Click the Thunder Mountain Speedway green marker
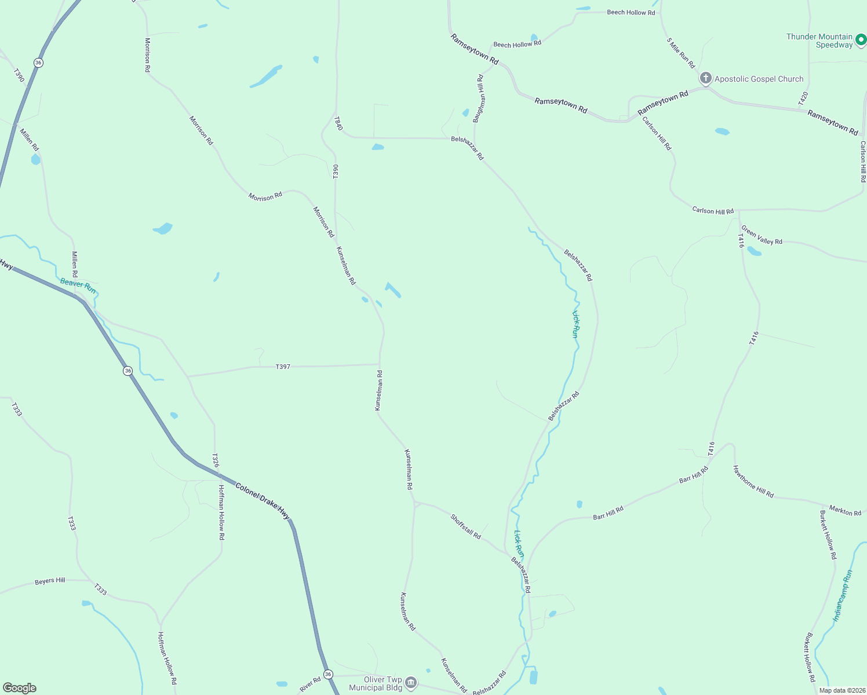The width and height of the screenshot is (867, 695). click(x=861, y=40)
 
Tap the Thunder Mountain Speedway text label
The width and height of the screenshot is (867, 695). click(x=819, y=41)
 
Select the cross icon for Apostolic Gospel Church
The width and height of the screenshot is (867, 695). click(x=705, y=78)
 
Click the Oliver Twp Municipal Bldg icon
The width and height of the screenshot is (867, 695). click(x=411, y=683)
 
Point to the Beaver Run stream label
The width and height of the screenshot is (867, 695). click(x=78, y=286)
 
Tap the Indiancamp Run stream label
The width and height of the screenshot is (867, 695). click(x=843, y=595)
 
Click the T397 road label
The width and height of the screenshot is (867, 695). click(x=283, y=367)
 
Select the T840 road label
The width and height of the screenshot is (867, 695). click(x=338, y=123)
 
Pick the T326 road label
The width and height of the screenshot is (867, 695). click(x=215, y=460)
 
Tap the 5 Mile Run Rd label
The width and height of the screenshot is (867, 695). click(x=680, y=53)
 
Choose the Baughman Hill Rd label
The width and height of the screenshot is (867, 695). click(x=478, y=98)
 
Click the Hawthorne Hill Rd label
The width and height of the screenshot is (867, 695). click(x=753, y=482)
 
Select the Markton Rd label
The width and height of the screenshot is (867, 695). click(x=845, y=510)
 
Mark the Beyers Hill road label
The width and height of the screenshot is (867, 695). click(x=50, y=580)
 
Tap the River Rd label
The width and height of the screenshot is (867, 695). click(x=310, y=685)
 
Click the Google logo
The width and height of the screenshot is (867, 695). click(x=20, y=688)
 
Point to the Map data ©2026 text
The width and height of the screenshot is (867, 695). click(x=841, y=690)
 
